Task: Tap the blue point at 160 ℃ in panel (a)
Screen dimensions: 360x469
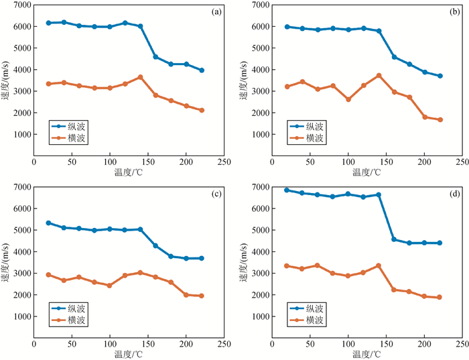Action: click(155, 57)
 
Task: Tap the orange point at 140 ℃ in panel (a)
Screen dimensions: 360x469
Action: click(140, 77)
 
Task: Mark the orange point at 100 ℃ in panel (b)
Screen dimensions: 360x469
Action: click(348, 99)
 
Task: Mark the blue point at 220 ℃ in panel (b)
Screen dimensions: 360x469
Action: click(440, 76)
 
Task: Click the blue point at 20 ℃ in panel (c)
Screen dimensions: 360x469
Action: click(48, 223)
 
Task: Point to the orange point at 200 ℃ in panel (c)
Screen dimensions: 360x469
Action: click(186, 294)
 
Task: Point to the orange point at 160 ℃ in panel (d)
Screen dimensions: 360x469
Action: click(394, 290)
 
